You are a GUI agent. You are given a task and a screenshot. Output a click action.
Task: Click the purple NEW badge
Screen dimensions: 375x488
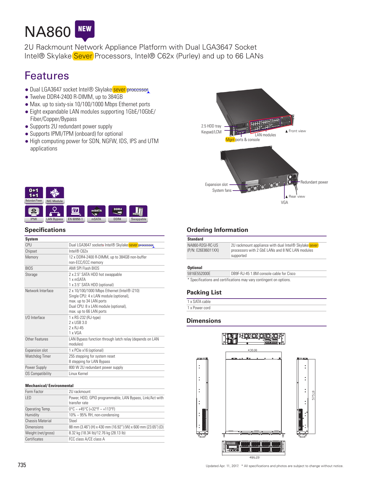(84, 30)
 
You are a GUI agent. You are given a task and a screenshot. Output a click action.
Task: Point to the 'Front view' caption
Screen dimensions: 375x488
(296, 131)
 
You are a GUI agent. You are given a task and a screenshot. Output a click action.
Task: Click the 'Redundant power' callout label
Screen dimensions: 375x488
(314, 182)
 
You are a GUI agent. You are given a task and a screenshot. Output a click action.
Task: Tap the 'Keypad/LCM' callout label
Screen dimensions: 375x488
(211, 132)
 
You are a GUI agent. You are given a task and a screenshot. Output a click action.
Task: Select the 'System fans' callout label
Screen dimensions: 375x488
(222, 190)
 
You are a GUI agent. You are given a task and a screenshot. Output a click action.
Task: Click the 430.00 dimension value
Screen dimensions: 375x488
(252, 350)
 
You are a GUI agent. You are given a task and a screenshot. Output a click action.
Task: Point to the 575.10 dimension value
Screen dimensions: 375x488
(313, 395)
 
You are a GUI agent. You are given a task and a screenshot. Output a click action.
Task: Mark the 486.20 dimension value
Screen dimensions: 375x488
(254, 457)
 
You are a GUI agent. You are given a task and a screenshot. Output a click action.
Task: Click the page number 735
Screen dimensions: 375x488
(22, 465)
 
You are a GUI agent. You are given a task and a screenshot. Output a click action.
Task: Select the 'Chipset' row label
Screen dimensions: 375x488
(31, 251)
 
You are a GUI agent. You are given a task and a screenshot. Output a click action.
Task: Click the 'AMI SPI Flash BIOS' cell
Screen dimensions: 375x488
(84, 268)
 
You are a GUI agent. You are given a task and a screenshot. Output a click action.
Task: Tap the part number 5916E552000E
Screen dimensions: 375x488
(199, 274)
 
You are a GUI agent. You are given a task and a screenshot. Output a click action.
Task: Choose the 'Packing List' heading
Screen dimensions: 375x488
(204, 292)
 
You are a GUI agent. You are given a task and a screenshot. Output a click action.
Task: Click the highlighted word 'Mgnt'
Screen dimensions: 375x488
(230, 140)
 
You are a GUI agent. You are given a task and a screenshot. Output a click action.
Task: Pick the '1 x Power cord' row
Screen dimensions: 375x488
(199, 308)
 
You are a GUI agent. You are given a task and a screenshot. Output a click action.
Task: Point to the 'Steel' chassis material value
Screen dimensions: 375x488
(73, 421)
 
